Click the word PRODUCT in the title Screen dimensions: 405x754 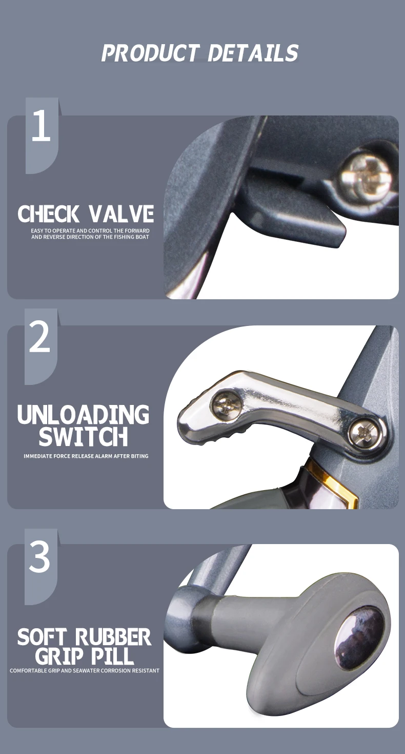(x=150, y=53)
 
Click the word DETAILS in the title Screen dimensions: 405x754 (x=253, y=53)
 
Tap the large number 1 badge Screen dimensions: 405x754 (x=42, y=136)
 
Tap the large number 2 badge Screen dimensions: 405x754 (x=40, y=346)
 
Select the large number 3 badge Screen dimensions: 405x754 (x=40, y=567)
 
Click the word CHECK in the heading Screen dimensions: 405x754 (x=48, y=214)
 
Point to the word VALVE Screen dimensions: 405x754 (x=121, y=214)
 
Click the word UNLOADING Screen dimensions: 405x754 (x=83, y=414)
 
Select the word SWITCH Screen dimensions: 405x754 (x=84, y=436)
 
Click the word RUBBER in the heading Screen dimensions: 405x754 (x=113, y=637)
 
